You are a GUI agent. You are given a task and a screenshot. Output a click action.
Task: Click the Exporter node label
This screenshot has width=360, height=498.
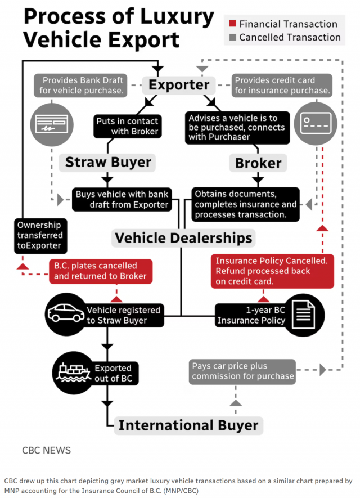[178, 86]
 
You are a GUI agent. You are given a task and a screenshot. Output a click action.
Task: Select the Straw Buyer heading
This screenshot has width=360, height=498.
[108, 163]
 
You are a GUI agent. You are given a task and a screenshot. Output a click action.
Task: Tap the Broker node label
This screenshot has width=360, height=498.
[258, 163]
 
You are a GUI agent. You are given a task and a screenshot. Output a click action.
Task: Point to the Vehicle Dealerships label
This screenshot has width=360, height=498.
[183, 237]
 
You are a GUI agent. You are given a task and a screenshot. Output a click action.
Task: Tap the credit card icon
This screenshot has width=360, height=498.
[315, 123]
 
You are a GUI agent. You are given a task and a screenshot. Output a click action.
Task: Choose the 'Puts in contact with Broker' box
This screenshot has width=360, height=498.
[127, 126]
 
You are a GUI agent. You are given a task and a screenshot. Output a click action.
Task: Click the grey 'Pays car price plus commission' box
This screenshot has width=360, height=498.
[243, 371]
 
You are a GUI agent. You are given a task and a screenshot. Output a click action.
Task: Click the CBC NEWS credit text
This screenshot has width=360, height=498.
[47, 451]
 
